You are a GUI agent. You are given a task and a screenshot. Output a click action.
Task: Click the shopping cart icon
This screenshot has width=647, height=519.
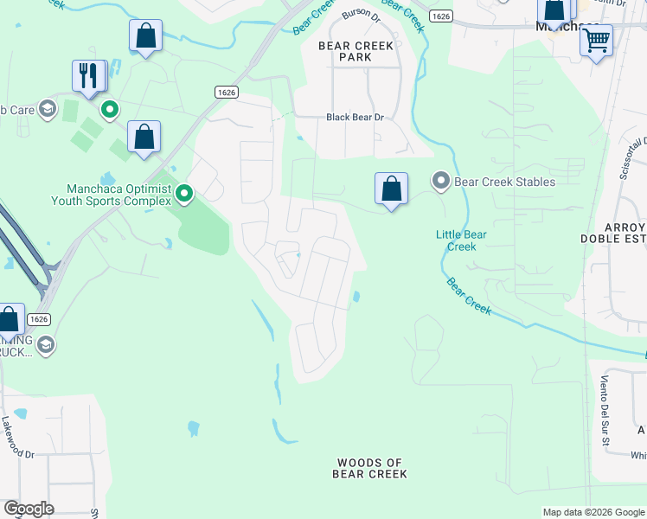pos(596,40)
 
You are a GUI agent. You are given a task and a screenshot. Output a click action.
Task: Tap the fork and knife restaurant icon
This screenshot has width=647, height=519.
pos(88,75)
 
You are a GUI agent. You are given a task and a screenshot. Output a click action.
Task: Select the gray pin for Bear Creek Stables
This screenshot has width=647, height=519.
pos(441,182)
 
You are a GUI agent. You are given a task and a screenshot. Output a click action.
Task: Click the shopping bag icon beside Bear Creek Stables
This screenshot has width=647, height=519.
pos(391,189)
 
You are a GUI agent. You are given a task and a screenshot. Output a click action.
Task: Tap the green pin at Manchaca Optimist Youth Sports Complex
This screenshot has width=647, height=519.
pos(183,194)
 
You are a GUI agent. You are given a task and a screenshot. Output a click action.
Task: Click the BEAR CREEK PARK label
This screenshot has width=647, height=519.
pos(356,51)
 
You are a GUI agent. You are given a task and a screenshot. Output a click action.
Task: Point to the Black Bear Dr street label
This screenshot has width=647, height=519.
pos(354,118)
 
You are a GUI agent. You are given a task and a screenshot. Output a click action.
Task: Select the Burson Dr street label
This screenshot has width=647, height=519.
pos(361,14)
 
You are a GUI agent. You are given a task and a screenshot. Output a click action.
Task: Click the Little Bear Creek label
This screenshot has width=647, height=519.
pos(460,240)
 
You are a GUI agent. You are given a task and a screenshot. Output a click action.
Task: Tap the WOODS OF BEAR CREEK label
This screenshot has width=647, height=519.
pos(369,468)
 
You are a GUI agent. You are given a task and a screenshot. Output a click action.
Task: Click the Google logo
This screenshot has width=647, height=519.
pos(29,509)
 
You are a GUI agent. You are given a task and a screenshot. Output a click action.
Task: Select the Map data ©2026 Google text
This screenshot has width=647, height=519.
pos(593,512)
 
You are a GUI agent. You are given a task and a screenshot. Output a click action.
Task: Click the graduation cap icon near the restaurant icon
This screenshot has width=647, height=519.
pos(47,109)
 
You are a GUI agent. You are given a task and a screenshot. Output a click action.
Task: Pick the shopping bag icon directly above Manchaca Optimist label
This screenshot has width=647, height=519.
pos(144,138)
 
